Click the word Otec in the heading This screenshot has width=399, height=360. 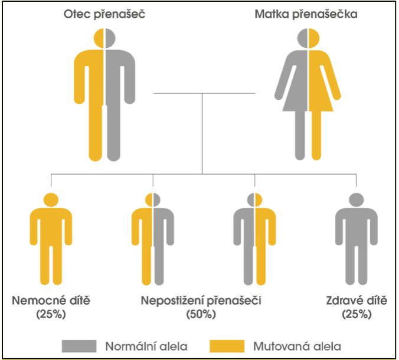77,14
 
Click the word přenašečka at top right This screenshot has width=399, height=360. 325,14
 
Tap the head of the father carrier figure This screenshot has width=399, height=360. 104,38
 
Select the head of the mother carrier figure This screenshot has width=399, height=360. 308,38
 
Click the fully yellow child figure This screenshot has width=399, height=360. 51,238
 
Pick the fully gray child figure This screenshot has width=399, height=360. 357,238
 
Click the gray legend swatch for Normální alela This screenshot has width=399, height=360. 79,346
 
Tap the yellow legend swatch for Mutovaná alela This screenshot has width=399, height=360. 227,346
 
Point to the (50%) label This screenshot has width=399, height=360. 201,314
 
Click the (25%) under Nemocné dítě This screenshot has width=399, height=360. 51,314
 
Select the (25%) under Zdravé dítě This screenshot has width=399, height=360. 357,314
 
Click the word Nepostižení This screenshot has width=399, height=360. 172,301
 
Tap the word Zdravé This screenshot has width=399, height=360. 344,301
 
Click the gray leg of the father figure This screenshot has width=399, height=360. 113,133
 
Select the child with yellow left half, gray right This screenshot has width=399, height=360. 153,238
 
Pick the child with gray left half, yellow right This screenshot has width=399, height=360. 254,238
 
